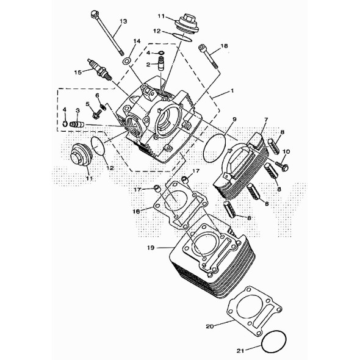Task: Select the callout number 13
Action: (x=123, y=21)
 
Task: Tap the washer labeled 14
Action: (x=126, y=61)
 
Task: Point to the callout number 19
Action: (x=151, y=248)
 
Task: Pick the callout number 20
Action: (x=210, y=326)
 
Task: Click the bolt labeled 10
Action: (x=282, y=166)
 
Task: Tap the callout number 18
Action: (x=224, y=46)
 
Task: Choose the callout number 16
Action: (x=137, y=211)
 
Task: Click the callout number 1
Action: (x=232, y=90)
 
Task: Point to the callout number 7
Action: (x=266, y=120)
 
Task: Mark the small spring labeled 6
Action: (x=103, y=107)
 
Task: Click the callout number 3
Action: (x=78, y=110)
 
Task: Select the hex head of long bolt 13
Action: (x=94, y=14)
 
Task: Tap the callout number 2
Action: (x=148, y=65)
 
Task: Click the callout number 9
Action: (x=234, y=119)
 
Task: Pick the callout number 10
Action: (x=286, y=151)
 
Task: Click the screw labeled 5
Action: (x=97, y=114)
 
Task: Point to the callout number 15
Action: (x=78, y=73)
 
